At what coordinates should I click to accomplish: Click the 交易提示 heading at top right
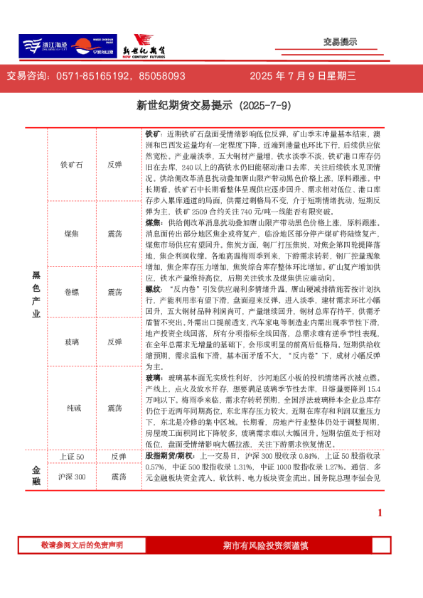340,42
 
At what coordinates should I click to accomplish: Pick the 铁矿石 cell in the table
72,164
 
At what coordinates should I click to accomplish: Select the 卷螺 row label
72,292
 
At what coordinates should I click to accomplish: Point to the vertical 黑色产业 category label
36,293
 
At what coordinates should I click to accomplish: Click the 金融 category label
36,475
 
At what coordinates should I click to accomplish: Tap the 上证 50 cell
72,456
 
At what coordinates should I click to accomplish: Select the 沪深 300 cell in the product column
72,477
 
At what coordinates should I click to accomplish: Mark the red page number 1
380,513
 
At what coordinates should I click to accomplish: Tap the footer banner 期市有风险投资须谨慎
264,545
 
